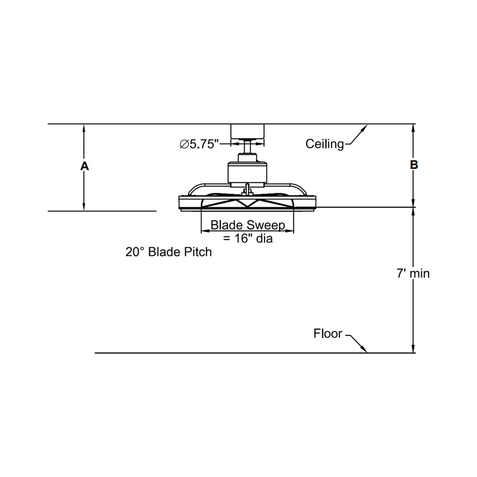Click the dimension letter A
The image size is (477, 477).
tap(84, 166)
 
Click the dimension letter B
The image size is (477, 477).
tap(414, 165)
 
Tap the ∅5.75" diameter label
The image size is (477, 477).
tap(199, 144)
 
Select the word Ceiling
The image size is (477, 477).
tap(324, 144)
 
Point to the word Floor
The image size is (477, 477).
tap(328, 333)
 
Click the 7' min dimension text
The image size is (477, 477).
tap(413, 273)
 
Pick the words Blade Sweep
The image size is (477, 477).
tap(248, 225)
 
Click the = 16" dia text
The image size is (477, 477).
tap(248, 238)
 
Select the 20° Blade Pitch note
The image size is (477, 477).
tap(169, 252)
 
